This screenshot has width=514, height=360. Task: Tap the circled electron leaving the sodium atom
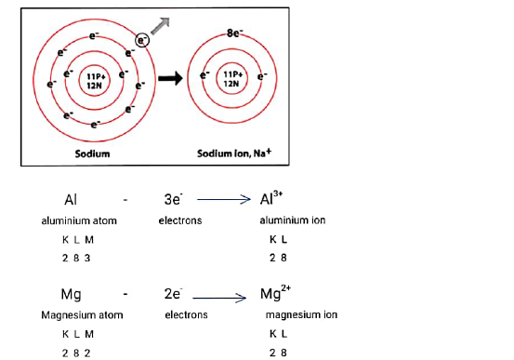click(142, 39)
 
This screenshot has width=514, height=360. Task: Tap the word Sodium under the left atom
click(94, 153)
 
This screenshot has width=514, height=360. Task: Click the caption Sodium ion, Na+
click(232, 153)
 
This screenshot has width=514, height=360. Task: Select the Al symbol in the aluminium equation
click(72, 200)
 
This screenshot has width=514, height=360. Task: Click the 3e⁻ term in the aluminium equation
click(172, 200)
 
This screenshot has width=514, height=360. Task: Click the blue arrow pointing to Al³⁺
click(224, 199)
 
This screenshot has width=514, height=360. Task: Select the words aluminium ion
click(292, 220)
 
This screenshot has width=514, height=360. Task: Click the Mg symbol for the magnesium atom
click(72, 295)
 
